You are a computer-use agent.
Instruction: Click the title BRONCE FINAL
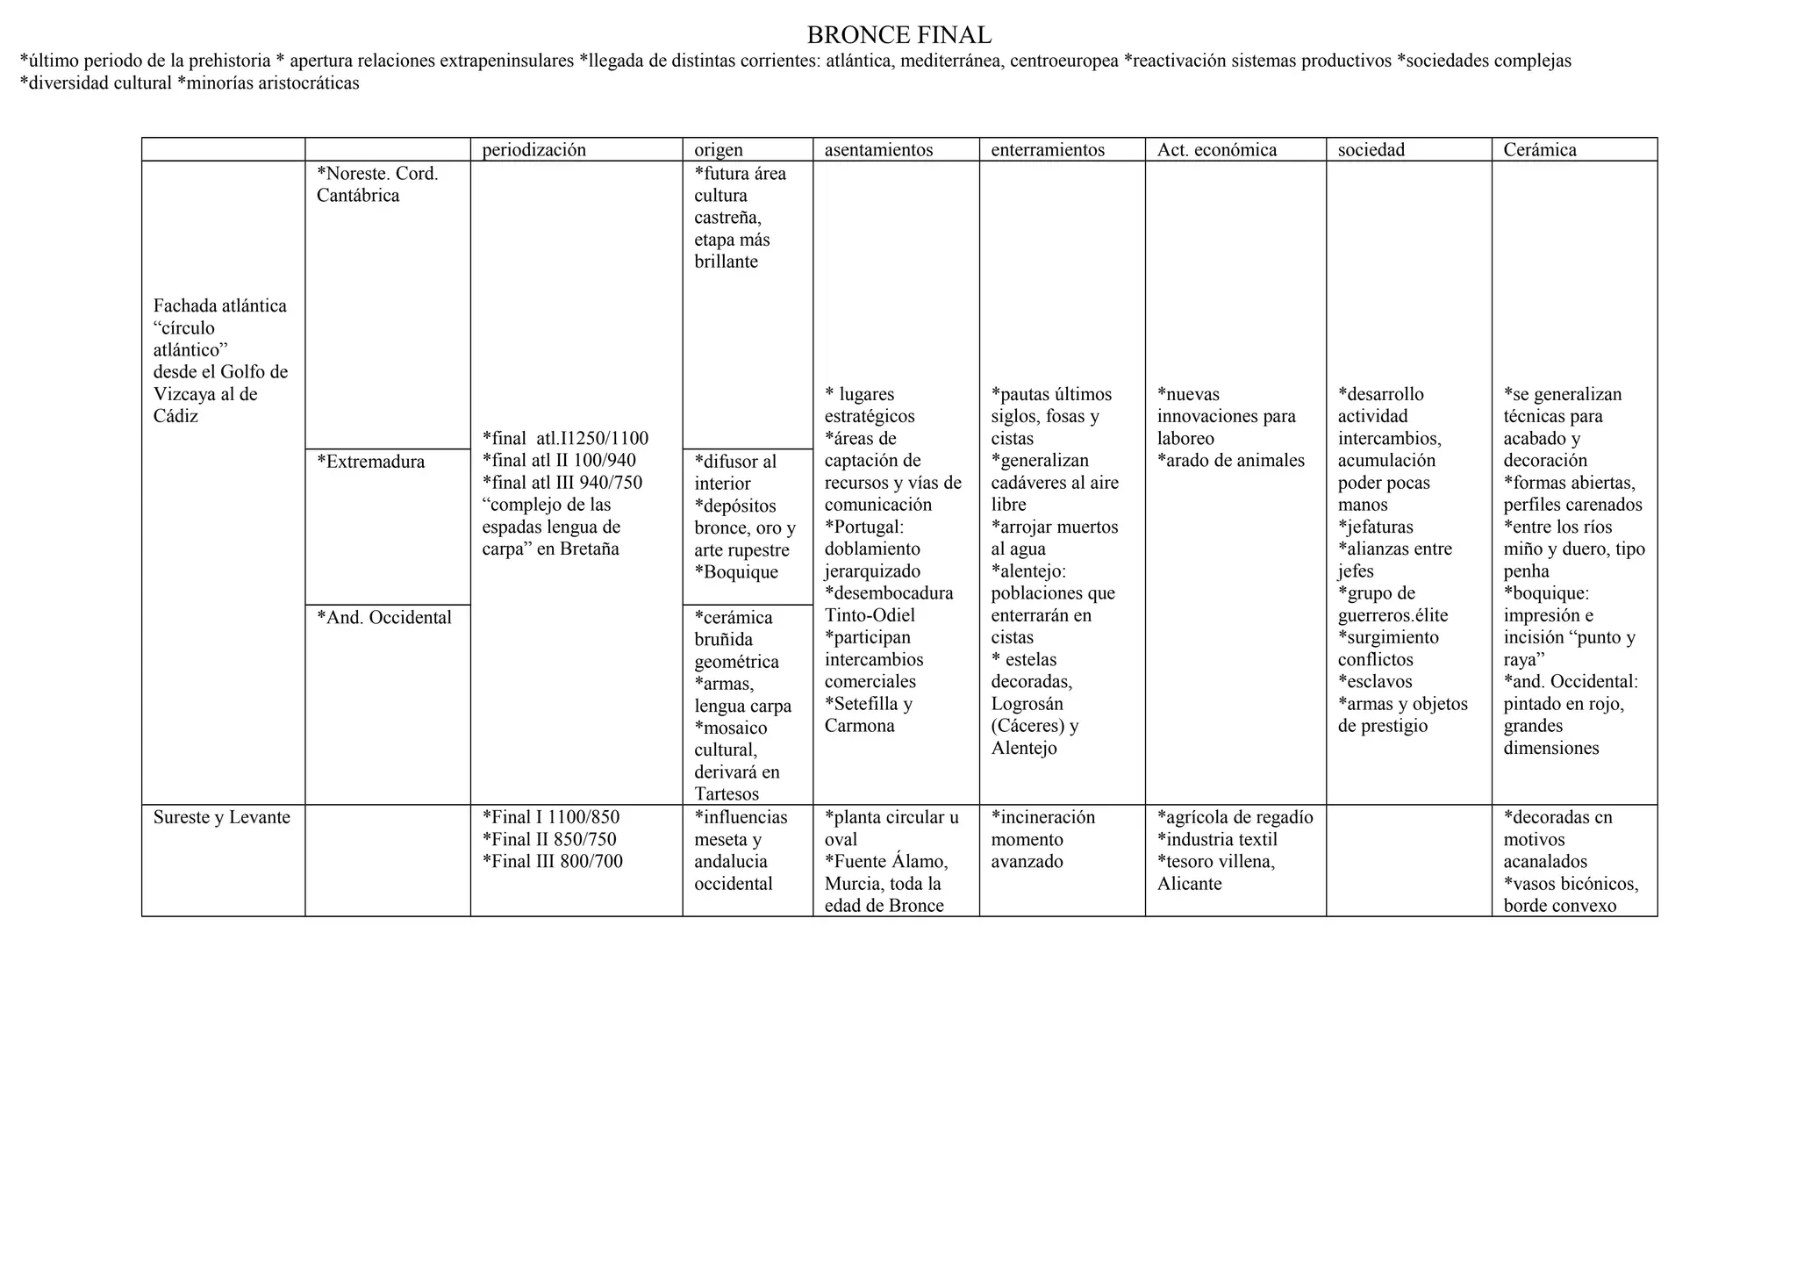(x=898, y=35)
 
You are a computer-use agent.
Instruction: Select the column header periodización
(x=533, y=150)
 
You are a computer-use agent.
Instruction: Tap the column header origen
(x=718, y=150)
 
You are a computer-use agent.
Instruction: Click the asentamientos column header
(x=878, y=150)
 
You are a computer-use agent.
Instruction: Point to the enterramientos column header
(x=1048, y=150)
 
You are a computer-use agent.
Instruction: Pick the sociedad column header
(x=1371, y=150)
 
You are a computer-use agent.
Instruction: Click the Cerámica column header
(x=1539, y=150)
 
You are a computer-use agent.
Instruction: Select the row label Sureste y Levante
(x=221, y=817)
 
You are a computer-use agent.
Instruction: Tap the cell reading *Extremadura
(x=370, y=462)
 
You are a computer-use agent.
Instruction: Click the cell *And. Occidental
(x=383, y=618)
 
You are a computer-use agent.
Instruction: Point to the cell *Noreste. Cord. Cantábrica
(x=376, y=184)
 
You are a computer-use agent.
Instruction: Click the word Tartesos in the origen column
(x=727, y=794)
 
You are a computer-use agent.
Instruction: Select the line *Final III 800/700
(x=552, y=861)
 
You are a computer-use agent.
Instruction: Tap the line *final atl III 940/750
(x=562, y=483)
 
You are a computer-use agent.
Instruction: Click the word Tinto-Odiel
(x=870, y=615)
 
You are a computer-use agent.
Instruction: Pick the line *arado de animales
(x=1230, y=461)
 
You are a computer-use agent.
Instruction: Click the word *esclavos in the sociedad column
(x=1375, y=682)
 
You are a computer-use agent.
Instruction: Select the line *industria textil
(x=1216, y=839)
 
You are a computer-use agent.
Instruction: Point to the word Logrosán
(x=1027, y=704)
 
